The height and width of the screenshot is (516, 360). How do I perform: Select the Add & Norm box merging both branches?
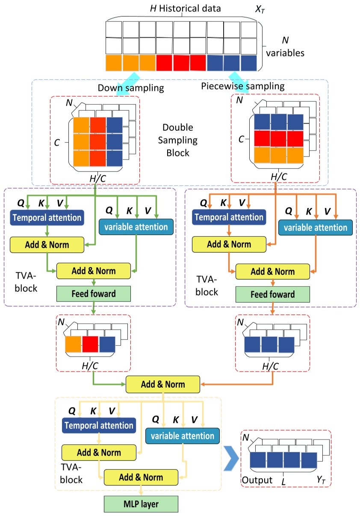tap(163, 384)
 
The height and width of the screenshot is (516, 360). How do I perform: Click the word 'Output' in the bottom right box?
tap(257, 480)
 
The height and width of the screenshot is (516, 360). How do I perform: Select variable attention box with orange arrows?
tap(316, 227)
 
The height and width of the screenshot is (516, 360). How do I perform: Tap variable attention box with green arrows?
tap(136, 227)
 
